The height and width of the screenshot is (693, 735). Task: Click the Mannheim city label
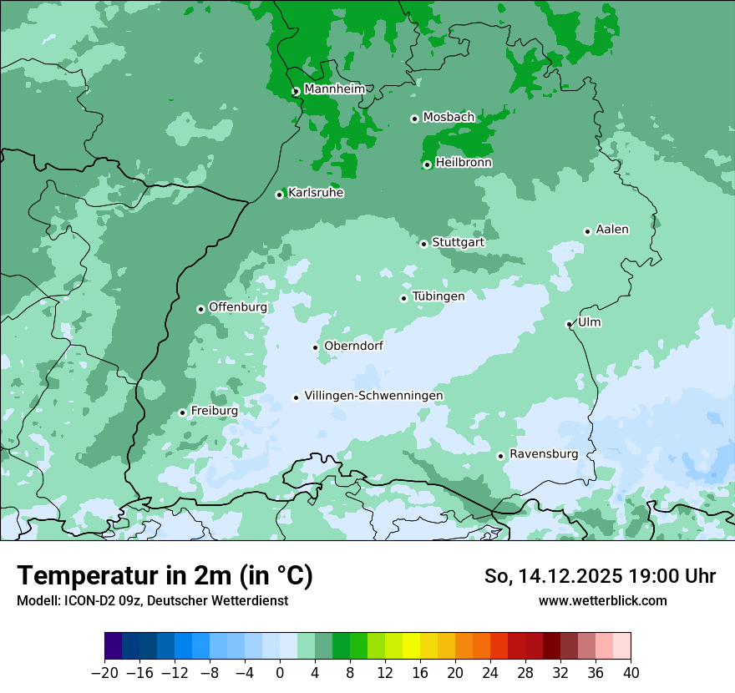point(334,89)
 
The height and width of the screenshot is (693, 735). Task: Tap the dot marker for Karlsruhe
point(280,195)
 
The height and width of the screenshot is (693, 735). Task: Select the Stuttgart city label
point(458,242)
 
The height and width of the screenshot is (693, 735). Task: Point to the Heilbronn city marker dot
point(427,164)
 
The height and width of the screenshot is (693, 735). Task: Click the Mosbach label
point(448,117)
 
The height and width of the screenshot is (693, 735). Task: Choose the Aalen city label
point(612,229)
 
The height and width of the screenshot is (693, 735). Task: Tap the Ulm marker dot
point(569,324)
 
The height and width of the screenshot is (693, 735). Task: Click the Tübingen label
point(438,296)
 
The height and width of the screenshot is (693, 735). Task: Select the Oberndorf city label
point(353,346)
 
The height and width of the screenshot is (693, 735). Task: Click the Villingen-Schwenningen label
point(373,395)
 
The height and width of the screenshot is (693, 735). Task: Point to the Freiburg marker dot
point(182,412)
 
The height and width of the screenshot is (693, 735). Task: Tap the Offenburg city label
point(237,306)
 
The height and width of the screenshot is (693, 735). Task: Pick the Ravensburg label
point(543,453)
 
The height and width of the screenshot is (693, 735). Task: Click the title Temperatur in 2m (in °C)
point(165,576)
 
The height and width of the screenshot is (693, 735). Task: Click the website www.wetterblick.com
point(602,600)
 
